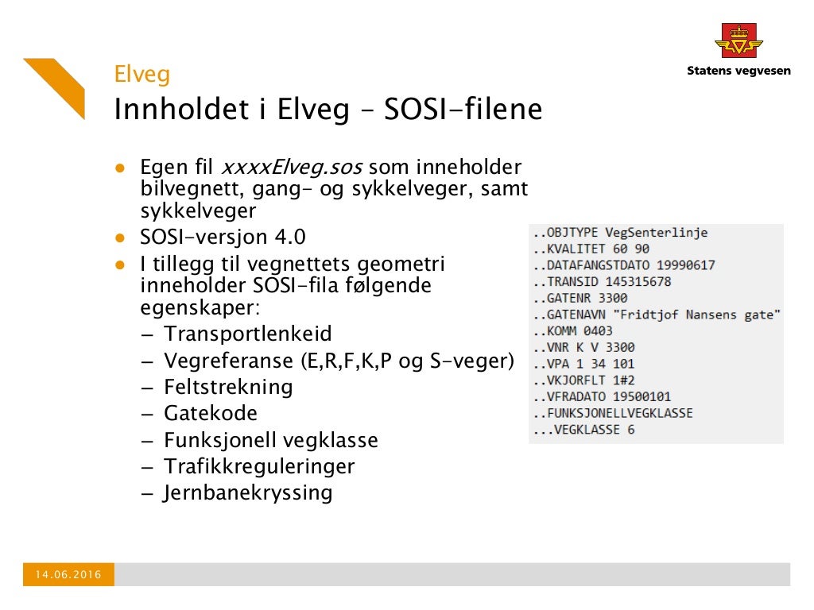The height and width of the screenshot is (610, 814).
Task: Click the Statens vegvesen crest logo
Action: click(738, 41)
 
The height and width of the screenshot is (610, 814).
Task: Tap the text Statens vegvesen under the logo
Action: click(738, 71)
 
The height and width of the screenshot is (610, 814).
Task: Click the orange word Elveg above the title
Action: click(142, 75)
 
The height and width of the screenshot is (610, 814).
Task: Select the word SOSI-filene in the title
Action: click(463, 110)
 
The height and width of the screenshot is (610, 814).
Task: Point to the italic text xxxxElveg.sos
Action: click(291, 168)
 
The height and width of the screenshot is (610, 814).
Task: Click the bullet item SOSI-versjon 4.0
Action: click(223, 237)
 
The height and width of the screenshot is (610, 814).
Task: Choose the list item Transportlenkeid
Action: click(248, 334)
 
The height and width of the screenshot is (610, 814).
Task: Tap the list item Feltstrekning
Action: click(228, 387)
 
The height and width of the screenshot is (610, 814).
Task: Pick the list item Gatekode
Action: click(211, 413)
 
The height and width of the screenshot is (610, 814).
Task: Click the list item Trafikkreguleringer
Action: click(259, 465)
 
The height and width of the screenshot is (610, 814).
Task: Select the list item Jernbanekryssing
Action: click(248, 492)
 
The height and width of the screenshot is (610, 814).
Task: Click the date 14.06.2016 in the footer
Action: click(68, 574)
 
